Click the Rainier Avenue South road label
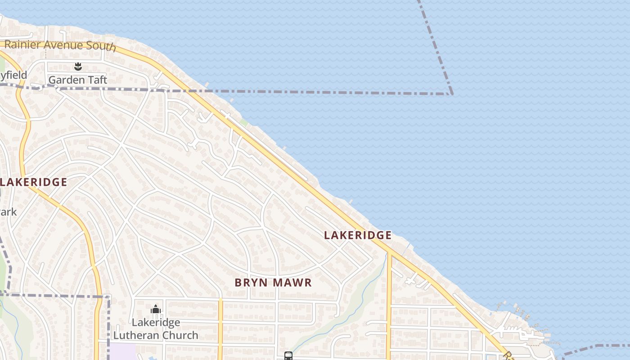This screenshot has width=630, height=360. click(60, 45)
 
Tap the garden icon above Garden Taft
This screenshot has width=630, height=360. click(78, 67)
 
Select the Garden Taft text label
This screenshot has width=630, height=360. click(77, 80)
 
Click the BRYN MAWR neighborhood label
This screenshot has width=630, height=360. click(273, 283)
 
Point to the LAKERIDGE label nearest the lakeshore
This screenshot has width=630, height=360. click(358, 235)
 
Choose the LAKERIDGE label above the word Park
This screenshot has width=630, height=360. click(33, 182)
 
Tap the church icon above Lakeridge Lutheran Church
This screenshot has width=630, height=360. click(156, 310)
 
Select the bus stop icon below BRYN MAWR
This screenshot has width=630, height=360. click(288, 356)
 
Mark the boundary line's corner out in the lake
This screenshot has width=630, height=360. click(452, 94)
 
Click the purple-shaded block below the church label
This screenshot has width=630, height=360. click(122, 351)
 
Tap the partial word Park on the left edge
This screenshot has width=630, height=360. click(8, 211)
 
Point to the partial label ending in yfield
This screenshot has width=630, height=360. click(13, 75)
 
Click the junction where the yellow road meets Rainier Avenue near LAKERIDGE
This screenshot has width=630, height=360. click(388, 252)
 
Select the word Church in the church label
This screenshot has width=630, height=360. click(181, 335)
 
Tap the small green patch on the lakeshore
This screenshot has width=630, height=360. click(243, 122)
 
